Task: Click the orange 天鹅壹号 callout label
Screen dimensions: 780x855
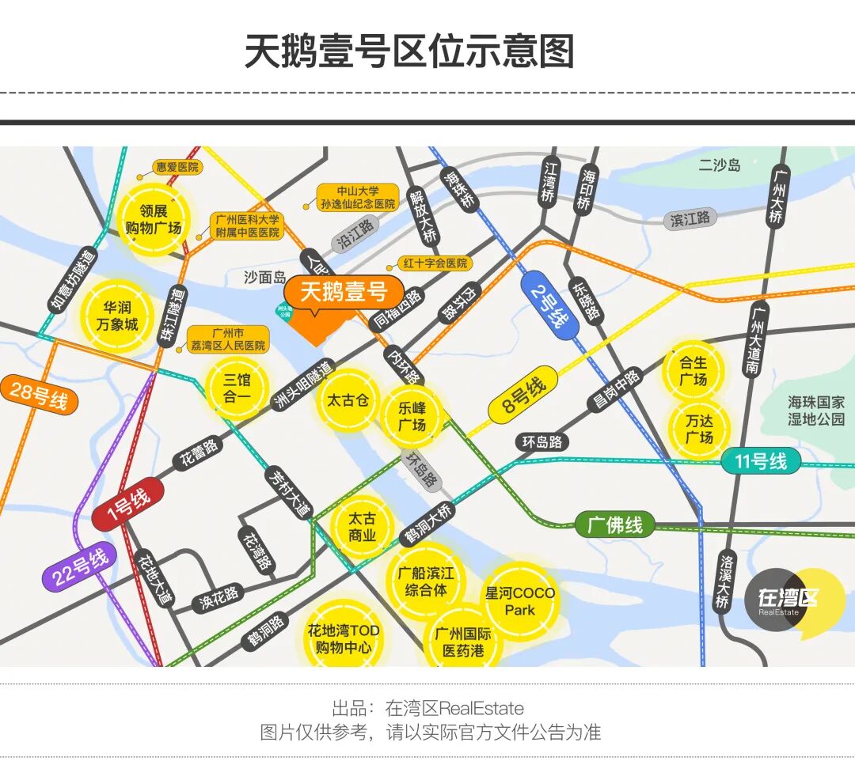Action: click(x=344, y=292)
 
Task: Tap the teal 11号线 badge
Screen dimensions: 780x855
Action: click(x=760, y=460)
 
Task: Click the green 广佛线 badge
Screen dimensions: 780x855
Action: click(x=614, y=524)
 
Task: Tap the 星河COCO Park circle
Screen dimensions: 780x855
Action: click(x=520, y=601)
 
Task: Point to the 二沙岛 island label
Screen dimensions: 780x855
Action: click(x=719, y=165)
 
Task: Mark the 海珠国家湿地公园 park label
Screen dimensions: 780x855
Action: click(x=816, y=411)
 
